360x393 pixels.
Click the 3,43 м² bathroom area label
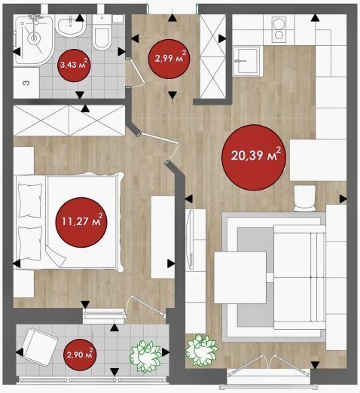click(74, 65)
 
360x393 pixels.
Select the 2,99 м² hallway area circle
click(169, 59)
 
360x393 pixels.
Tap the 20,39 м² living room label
click(254, 157)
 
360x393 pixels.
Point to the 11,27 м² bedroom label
click(81, 222)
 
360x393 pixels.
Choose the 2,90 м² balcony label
click(80, 355)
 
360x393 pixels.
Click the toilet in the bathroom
click(102, 32)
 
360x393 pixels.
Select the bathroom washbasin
click(70, 26)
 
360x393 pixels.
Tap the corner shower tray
click(34, 39)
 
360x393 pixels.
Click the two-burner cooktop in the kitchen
click(279, 29)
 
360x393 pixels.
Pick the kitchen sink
click(246, 61)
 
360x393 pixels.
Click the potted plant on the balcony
click(145, 355)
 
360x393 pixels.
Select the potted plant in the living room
click(201, 350)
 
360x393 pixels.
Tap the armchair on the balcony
click(40, 347)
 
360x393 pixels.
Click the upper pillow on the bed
click(30, 200)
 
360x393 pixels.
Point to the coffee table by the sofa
click(240, 278)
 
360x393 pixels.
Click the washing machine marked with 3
click(26, 82)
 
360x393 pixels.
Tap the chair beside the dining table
click(305, 198)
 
